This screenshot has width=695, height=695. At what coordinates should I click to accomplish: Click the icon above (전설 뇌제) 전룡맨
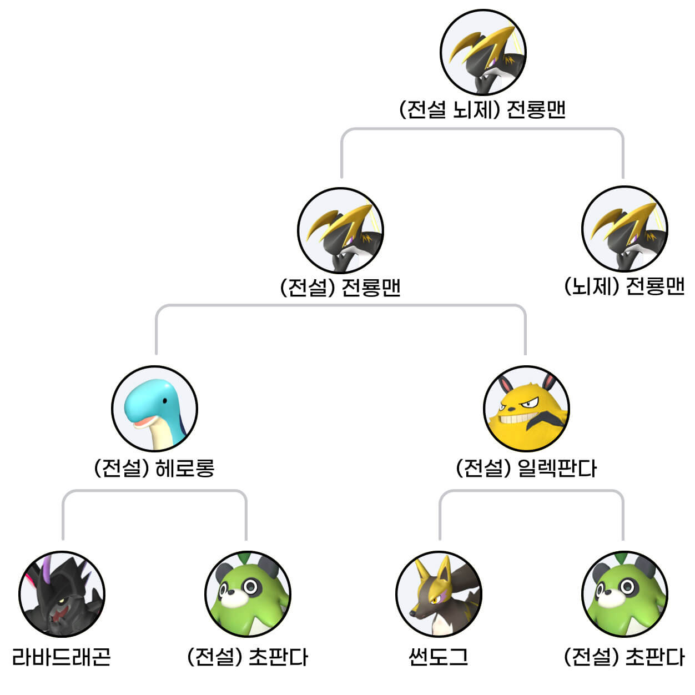coord(483,53)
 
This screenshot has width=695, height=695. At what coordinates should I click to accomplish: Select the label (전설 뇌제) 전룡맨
coord(482,109)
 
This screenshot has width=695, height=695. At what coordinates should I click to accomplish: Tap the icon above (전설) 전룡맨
coord(340,230)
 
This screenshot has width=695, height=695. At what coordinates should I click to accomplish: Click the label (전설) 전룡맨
coord(340,288)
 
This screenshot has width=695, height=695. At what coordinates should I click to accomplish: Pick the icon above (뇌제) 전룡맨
coord(625,229)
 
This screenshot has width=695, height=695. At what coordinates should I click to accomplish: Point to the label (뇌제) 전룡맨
coord(625,286)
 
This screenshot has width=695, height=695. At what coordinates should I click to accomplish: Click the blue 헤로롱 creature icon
coord(154,409)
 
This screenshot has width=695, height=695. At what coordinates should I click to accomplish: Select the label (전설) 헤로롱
coord(154,469)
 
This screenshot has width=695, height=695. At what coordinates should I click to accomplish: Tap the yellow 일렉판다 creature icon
coord(526,409)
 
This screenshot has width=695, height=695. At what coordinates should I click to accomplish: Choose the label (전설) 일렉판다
coord(526,469)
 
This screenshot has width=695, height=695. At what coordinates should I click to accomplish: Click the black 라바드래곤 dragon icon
coord(62,594)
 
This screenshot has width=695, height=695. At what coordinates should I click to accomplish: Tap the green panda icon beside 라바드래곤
coord(248,594)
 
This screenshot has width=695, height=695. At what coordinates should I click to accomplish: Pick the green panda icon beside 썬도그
coord(625,594)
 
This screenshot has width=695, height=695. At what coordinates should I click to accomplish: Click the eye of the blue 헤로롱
coord(164,400)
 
